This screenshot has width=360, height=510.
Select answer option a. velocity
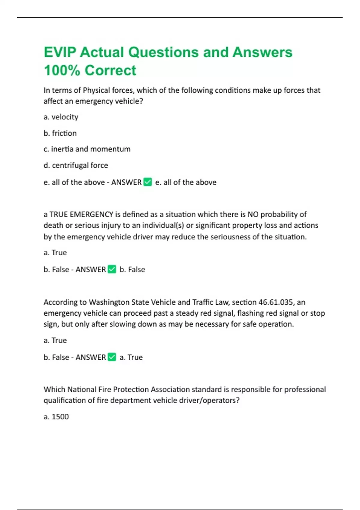pyautogui.click(x=61, y=117)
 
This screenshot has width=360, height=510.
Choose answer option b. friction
pyautogui.click(x=60, y=133)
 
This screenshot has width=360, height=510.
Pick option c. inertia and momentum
pyautogui.click(x=87, y=149)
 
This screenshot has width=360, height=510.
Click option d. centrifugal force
pyautogui.click(x=76, y=165)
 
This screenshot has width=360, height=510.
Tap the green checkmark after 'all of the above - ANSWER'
pyautogui.click(x=148, y=182)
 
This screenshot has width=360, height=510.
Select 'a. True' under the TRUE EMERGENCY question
pyautogui.click(x=55, y=253)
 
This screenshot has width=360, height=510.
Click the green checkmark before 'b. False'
pyautogui.click(x=112, y=269)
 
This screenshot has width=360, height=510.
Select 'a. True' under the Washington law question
pyautogui.click(x=55, y=340)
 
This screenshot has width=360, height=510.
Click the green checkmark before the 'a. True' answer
pyautogui.click(x=112, y=357)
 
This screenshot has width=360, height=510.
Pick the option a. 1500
pyautogui.click(x=56, y=417)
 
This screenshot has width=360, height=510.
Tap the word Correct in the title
pyautogui.click(x=110, y=70)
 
